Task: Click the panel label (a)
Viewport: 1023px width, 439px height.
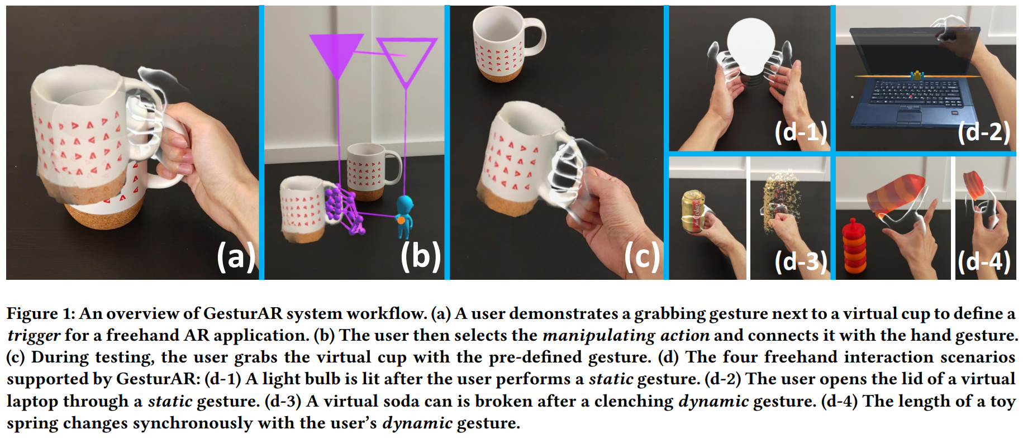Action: [x=236, y=257]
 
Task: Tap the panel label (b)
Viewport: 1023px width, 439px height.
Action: [x=420, y=257]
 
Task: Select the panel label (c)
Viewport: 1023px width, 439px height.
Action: [x=642, y=257]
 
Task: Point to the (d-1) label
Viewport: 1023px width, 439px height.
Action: [x=801, y=132]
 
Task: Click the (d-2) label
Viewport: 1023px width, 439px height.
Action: [x=984, y=132]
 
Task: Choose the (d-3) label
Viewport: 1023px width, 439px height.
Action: [x=801, y=261]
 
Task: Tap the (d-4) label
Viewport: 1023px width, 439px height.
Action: [x=984, y=261]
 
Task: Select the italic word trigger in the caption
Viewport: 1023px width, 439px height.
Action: [x=34, y=336]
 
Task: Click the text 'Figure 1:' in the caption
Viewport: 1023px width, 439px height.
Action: [x=40, y=314]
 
